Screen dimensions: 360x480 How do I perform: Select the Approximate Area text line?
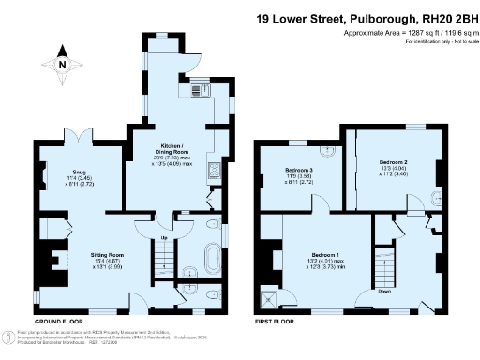coord(406,32)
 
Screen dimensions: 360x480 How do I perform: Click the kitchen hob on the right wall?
coord(214,170)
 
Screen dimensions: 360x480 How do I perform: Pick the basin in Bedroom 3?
coord(329,151)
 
